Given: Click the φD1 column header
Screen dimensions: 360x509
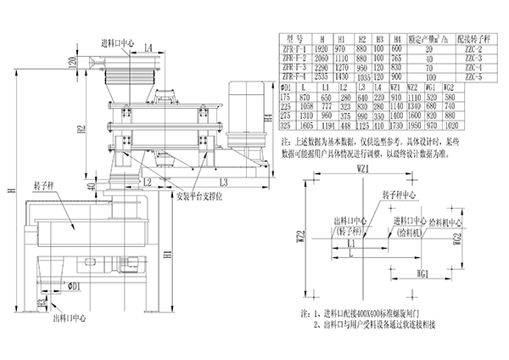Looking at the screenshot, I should tap(287, 87).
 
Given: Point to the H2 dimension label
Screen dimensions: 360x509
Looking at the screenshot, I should tap(79, 131).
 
